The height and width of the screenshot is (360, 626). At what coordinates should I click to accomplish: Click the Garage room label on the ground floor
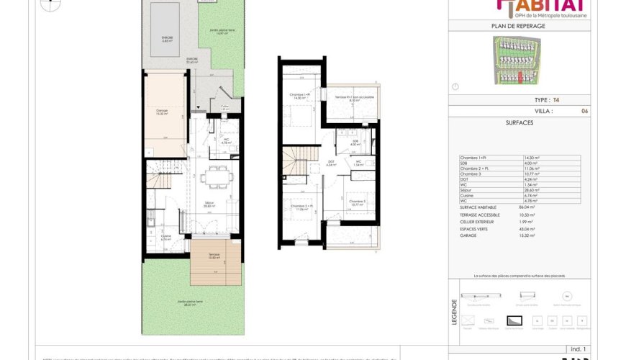click(162, 112)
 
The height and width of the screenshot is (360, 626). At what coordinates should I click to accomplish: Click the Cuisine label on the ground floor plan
click(166, 237)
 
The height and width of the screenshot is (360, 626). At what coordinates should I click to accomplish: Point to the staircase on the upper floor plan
click(296, 162)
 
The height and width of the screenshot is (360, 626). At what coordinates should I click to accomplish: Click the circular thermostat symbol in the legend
click(567, 296)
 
